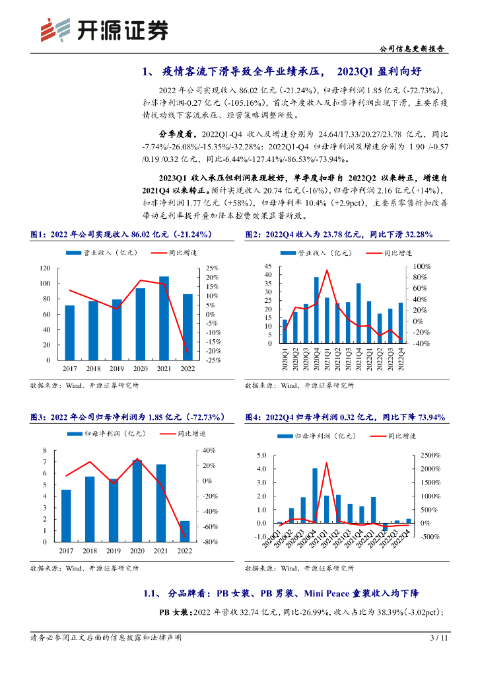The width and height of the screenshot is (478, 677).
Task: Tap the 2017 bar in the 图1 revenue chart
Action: [x=69, y=333]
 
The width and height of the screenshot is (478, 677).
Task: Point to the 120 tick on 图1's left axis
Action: [x=45, y=268]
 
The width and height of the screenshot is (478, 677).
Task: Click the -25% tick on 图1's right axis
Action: [x=213, y=360]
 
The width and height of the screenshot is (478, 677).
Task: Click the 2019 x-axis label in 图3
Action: [x=114, y=550]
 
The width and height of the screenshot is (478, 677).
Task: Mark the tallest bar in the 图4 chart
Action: [x=315, y=495]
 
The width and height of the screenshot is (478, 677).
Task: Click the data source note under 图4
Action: [x=299, y=568]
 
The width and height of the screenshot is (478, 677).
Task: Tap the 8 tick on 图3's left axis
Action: [x=45, y=451]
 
